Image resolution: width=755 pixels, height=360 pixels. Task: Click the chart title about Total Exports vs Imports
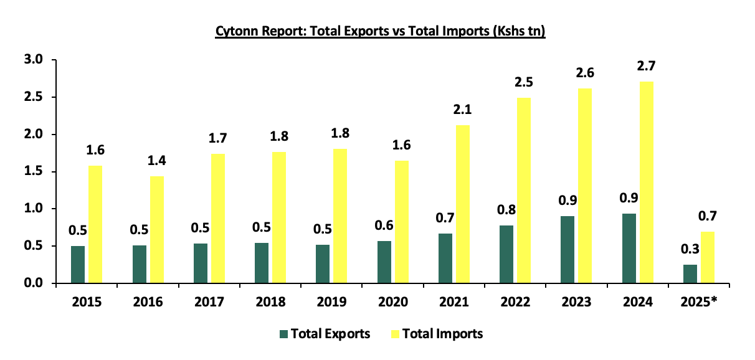click(x=380, y=32)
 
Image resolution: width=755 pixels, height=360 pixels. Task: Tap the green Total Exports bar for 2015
click(x=78, y=264)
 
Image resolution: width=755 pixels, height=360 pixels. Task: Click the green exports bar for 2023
click(x=567, y=249)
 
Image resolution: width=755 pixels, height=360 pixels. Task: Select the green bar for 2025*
click(x=690, y=273)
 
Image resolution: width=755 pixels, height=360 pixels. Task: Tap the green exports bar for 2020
click(x=384, y=262)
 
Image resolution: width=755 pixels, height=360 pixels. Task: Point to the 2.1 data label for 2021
click(x=463, y=110)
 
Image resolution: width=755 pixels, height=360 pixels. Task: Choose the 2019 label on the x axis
click(x=331, y=302)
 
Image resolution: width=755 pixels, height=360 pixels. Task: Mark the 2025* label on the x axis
click(x=698, y=302)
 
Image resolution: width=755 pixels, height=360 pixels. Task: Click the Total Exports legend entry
click(x=326, y=334)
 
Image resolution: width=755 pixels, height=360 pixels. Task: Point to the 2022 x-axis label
click(x=515, y=302)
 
